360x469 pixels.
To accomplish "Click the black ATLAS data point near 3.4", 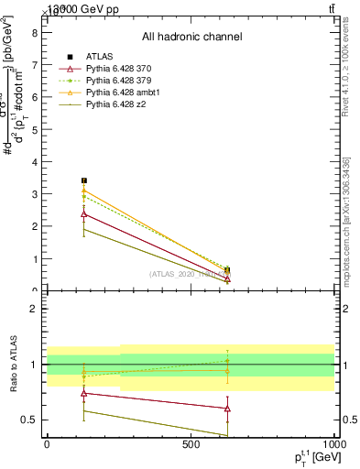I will [84, 181].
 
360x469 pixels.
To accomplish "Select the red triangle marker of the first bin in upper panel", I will [84, 214].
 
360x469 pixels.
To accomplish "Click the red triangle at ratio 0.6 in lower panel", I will [227, 409].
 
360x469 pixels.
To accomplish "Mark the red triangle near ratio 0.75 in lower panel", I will [84, 393].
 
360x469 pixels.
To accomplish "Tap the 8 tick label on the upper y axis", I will [34, 33].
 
